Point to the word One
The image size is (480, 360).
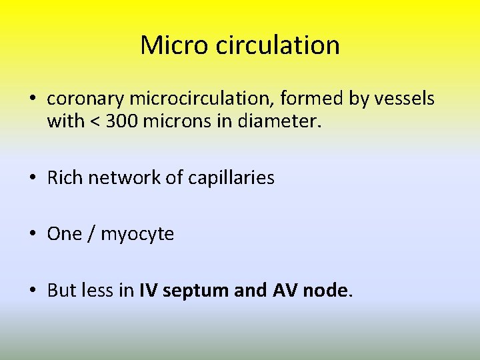click(x=64, y=234)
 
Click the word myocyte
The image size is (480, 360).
click(x=137, y=235)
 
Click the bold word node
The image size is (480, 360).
click(x=326, y=290)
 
